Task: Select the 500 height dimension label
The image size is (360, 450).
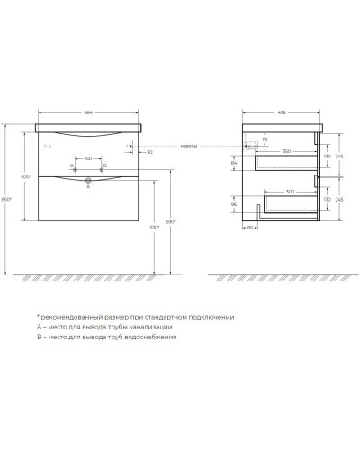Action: [26, 177]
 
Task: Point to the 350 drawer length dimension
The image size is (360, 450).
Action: [286, 151]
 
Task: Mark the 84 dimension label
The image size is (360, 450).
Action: [236, 162]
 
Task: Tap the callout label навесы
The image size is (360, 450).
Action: [188, 145]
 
